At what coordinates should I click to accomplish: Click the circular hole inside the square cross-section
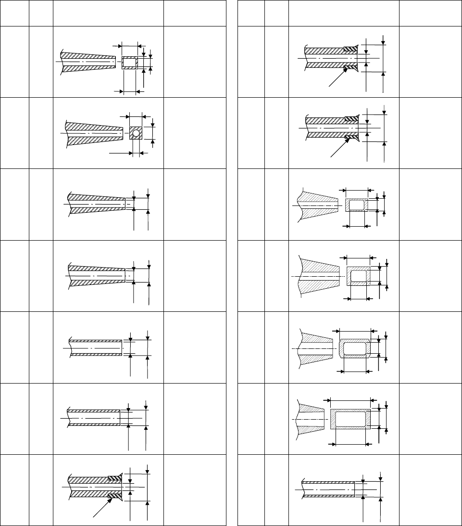[x=136, y=133]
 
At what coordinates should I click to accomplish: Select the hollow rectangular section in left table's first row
[x=129, y=63]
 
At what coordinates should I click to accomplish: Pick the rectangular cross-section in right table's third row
[x=357, y=205]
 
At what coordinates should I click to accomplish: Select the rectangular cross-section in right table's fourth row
[x=359, y=276]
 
